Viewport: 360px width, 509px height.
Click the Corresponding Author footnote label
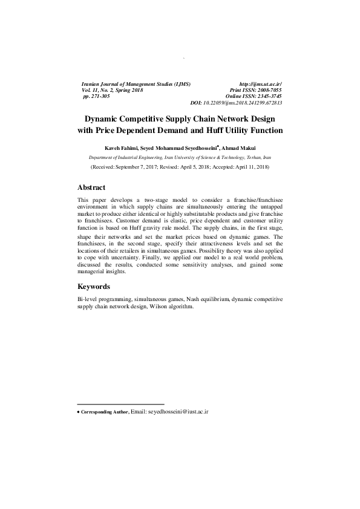pos(105,412)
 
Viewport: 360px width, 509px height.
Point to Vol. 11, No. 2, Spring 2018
pos(114,89)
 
